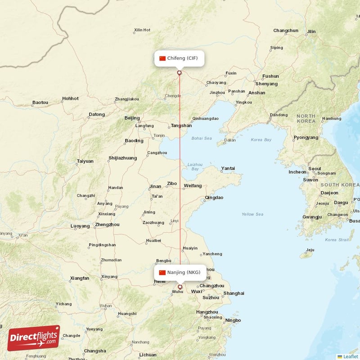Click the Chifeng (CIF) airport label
click(180, 58)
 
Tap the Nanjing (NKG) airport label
click(180, 272)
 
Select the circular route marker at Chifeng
click(180, 72)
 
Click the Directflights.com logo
click(33, 338)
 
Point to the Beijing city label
click(132, 118)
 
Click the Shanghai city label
click(234, 293)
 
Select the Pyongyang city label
click(306, 137)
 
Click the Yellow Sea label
click(252, 214)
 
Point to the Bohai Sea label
click(202, 138)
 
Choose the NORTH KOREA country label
click(306, 119)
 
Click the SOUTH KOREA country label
click(340, 185)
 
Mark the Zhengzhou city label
click(108, 225)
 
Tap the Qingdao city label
click(214, 198)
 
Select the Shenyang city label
click(266, 84)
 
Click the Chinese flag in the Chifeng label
click(162, 58)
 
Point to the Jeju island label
click(310, 250)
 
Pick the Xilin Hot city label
click(142, 30)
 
